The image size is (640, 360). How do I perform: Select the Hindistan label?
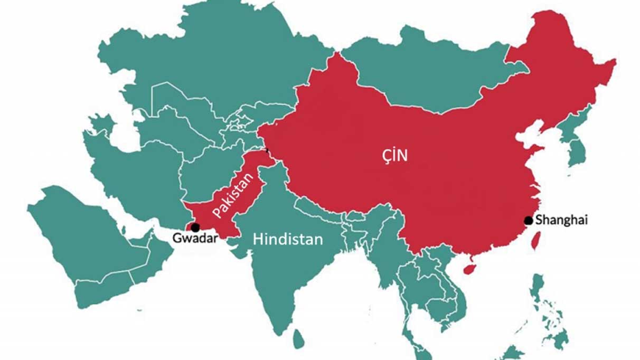tap(288, 239)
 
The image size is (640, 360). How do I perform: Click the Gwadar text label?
tap(195, 239)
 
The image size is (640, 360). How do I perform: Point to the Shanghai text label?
tap(561, 221)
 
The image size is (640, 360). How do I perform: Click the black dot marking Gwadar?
tap(195, 228)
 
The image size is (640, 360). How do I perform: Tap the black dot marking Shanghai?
tap(528, 220)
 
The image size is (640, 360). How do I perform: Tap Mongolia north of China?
tap(428, 74)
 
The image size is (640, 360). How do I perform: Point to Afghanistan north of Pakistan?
tap(209, 169)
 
